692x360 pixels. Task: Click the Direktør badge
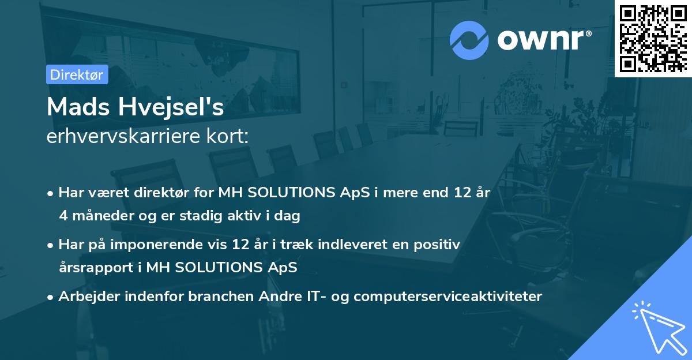77,74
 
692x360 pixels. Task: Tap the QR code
653,38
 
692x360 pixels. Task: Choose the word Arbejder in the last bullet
85,297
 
